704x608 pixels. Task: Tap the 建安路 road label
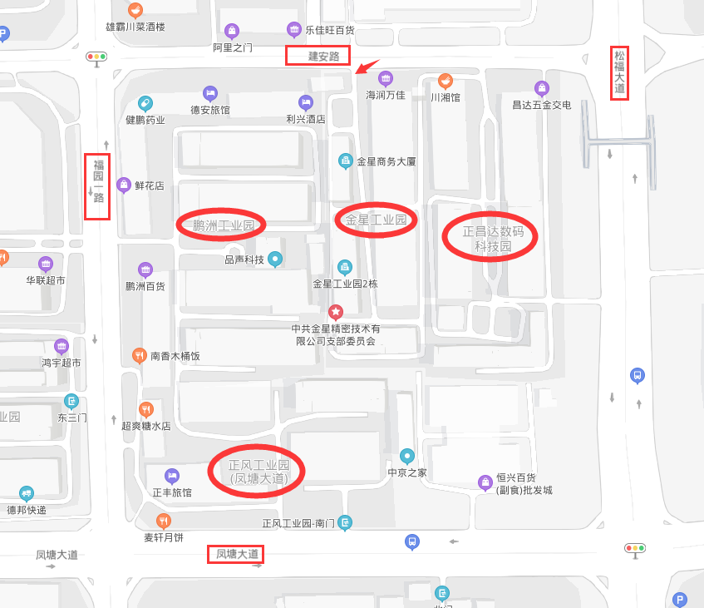318,56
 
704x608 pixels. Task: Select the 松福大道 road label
619,72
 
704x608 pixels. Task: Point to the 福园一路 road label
97,186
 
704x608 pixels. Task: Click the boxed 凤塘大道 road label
237,554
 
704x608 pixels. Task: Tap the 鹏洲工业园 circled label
222,225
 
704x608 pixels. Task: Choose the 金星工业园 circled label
375,220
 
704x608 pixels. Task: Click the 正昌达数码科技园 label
489,238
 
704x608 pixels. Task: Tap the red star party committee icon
336,313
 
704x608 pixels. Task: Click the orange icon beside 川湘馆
446,81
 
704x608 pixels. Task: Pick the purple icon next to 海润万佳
386,79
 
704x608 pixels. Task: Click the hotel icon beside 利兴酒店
306,102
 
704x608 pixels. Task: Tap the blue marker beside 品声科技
276,259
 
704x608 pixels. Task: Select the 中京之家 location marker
407,456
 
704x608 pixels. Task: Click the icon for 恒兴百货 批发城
485,482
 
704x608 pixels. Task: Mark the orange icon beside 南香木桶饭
140,356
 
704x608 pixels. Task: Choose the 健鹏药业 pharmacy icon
145,103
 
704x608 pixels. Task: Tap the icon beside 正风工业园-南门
346,522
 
